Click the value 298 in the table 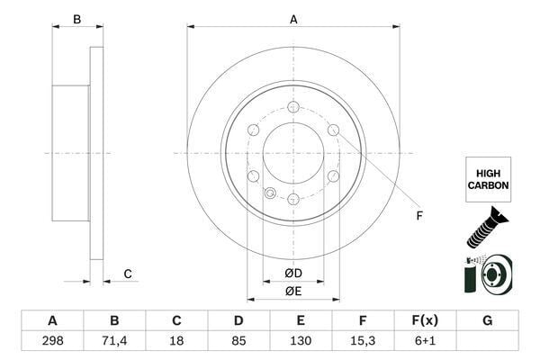click(52, 342)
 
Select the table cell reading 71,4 click(114, 342)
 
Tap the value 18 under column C click(176, 342)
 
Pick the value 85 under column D click(238, 342)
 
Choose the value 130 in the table click(301, 342)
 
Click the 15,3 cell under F click(363, 342)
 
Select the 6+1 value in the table click(425, 342)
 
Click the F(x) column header click(425, 320)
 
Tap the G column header click(487, 320)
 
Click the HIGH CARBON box click(488, 177)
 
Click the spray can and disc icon click(487, 274)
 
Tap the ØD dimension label click(293, 273)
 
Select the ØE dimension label click(293, 290)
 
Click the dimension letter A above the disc click(293, 19)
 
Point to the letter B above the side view click(77, 19)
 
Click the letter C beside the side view click(128, 274)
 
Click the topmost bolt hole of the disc click(293, 107)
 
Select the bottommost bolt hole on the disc click(293, 199)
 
